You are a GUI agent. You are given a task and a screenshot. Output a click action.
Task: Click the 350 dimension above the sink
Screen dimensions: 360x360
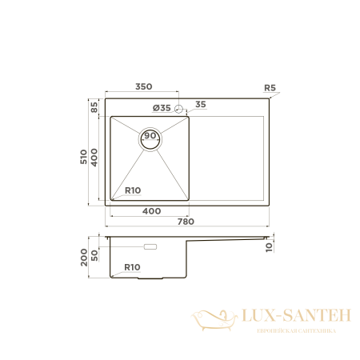click(x=144, y=86)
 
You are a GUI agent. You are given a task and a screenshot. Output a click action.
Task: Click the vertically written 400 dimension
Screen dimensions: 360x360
click(x=94, y=158)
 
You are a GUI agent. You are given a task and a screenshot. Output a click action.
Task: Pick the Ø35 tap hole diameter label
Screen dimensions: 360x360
click(x=161, y=107)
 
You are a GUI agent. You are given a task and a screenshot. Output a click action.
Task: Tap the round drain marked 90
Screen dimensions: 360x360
click(x=150, y=137)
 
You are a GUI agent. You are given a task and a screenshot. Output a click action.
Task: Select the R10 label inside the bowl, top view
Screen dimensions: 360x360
click(x=133, y=190)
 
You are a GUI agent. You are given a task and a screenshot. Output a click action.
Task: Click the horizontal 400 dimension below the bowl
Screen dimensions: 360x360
click(x=151, y=210)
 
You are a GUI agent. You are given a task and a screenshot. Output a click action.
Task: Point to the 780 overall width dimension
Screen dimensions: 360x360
click(x=185, y=222)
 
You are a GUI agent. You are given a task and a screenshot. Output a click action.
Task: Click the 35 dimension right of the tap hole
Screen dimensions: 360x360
click(x=200, y=104)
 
